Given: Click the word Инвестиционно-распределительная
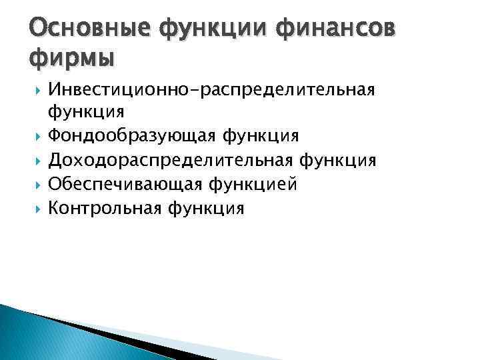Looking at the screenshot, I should coord(221,90).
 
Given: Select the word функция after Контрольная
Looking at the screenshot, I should coord(206,208).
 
